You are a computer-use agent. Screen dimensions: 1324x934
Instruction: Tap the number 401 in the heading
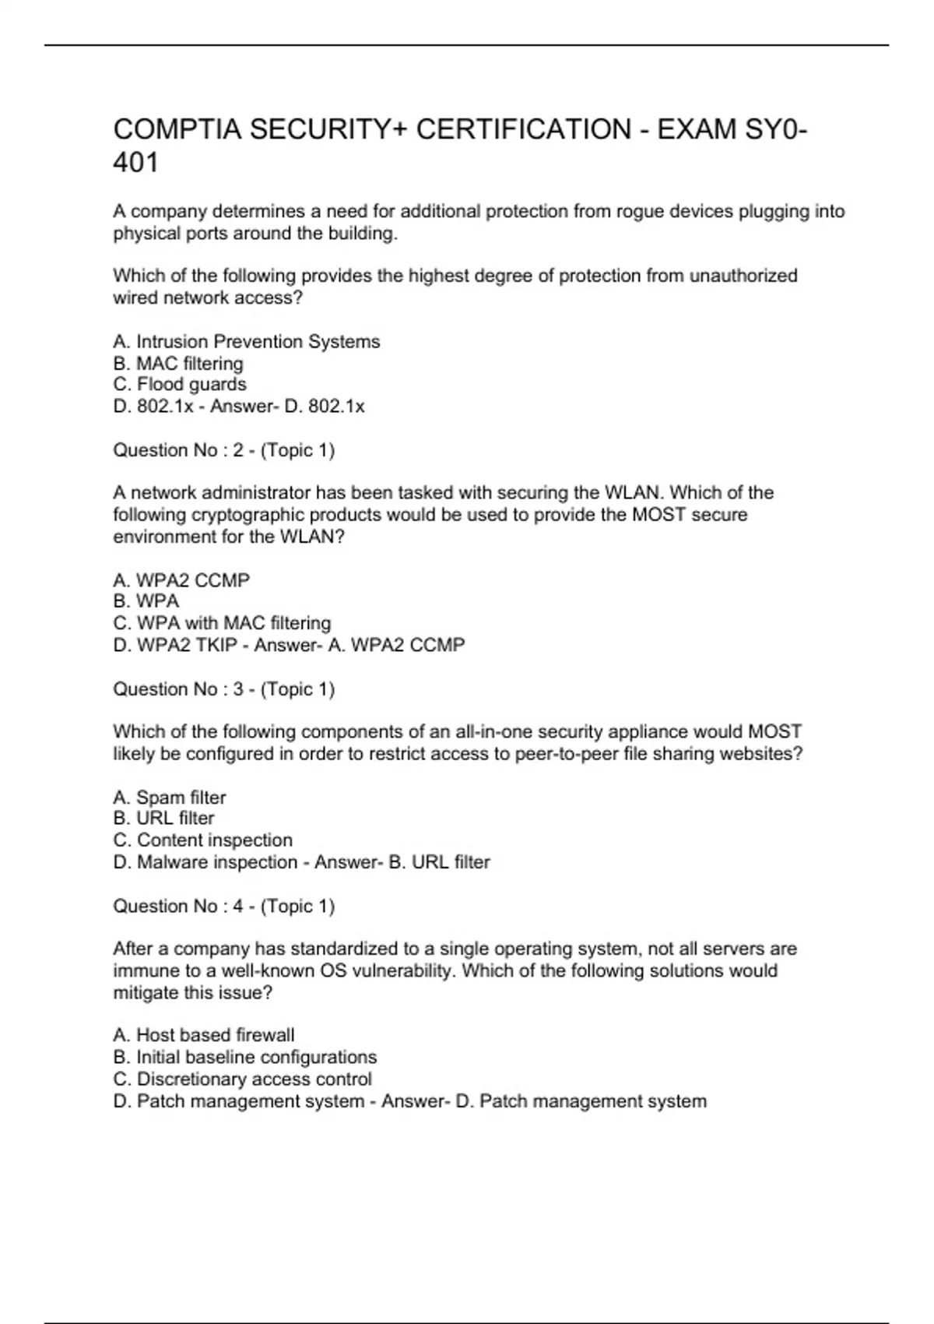135,163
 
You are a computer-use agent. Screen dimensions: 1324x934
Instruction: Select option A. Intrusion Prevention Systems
247,342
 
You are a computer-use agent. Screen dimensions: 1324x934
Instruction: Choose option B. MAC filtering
178,364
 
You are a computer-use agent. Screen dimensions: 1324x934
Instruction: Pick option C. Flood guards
180,385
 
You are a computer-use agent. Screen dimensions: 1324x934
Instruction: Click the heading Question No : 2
223,450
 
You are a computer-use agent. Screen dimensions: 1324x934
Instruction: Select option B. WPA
146,601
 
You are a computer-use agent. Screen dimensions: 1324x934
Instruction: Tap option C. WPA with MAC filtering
222,623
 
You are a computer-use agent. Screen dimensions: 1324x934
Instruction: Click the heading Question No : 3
223,689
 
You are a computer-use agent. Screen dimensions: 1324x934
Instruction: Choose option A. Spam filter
170,798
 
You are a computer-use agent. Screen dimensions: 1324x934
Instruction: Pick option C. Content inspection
203,840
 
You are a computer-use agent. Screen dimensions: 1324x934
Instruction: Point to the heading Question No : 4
223,907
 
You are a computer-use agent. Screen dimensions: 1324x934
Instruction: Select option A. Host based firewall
204,1035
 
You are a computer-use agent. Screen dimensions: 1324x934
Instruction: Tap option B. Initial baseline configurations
245,1057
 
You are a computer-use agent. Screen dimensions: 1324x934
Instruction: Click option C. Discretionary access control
242,1079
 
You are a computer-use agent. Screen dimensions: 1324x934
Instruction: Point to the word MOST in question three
774,732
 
